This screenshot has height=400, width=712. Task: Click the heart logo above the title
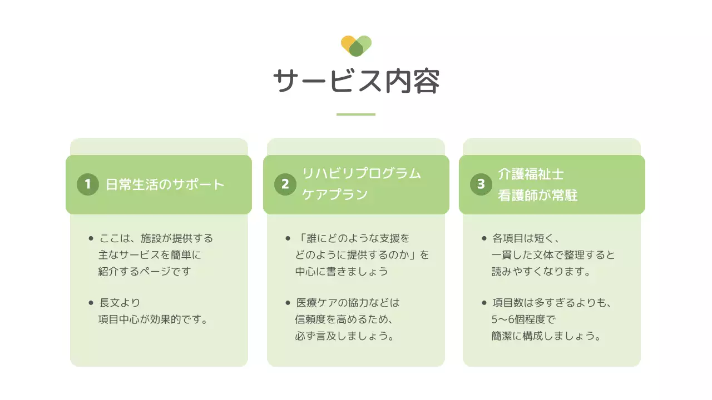pyautogui.click(x=356, y=46)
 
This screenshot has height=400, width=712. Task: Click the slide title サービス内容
pyautogui.click(x=356, y=82)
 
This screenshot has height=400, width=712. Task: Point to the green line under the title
pyautogui.click(x=356, y=114)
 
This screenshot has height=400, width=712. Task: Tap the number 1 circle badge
pyautogui.click(x=87, y=184)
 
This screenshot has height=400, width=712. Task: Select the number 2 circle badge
pyautogui.click(x=285, y=184)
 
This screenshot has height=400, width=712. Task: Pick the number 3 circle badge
pyautogui.click(x=481, y=184)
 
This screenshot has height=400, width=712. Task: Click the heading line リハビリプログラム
pyautogui.click(x=362, y=173)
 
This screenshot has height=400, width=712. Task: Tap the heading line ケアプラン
pyautogui.click(x=335, y=195)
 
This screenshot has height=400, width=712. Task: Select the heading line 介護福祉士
pyautogui.click(x=531, y=174)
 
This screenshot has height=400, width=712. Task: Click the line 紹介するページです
pyautogui.click(x=145, y=272)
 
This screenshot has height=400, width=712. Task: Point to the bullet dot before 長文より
pyautogui.click(x=91, y=303)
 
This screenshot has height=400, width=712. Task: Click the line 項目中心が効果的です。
pyautogui.click(x=153, y=320)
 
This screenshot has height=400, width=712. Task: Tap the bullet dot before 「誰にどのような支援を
pyautogui.click(x=288, y=239)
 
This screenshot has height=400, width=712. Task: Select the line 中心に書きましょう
pyautogui.click(x=342, y=272)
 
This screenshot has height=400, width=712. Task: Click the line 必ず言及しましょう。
pyautogui.click(x=345, y=337)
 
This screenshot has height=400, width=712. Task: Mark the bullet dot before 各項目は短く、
pyautogui.click(x=484, y=239)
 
